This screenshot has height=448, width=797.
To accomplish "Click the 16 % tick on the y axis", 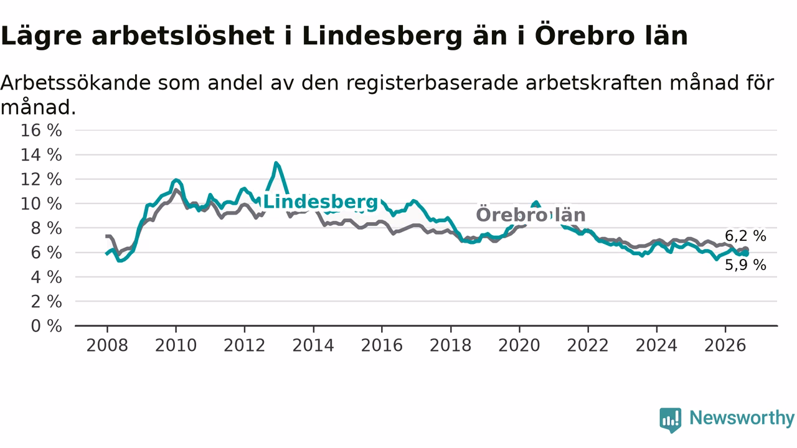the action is point(41,131).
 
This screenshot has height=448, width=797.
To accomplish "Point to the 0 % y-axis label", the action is point(46,326).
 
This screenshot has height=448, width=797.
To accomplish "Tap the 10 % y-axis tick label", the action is point(41,204).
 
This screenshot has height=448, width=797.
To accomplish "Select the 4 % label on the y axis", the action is point(46,278).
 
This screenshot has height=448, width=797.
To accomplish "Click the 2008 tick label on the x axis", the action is point(107,345).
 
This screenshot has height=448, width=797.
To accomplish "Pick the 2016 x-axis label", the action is point(382,345).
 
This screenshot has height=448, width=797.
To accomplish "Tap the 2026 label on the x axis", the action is point(725,345).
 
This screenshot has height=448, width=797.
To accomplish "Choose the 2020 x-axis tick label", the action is point(519,345).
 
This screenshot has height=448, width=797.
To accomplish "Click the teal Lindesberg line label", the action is point(321,202).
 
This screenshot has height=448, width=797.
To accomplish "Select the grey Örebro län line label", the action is point(531,215).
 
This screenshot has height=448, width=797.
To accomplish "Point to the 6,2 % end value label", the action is point(745,236).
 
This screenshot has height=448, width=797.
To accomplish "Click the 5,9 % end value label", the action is point(745,265).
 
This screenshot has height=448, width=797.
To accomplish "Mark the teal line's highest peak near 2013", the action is point(276,163).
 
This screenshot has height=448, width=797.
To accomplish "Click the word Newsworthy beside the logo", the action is point(742,418).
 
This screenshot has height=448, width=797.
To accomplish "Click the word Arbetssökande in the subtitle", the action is point(75,83).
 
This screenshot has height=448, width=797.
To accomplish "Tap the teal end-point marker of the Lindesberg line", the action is point(746,253).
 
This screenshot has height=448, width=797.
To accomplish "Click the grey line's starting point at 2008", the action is point(106,236).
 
